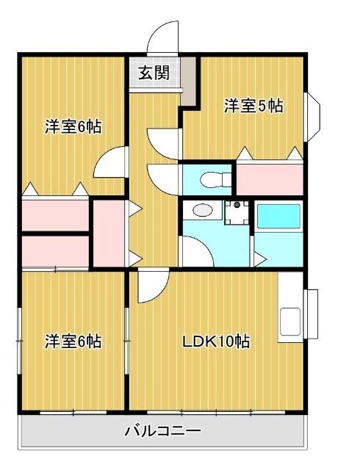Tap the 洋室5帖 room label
[253, 106]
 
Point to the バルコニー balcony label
[162, 431]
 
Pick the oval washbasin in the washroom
[199, 211]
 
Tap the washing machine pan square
[236, 212]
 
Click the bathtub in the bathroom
[278, 217]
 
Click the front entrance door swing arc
[163, 38]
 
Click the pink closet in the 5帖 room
[270, 179]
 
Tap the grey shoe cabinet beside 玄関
[190, 81]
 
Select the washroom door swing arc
[194, 253]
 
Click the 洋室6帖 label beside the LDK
[72, 341]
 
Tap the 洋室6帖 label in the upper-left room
[72, 127]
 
